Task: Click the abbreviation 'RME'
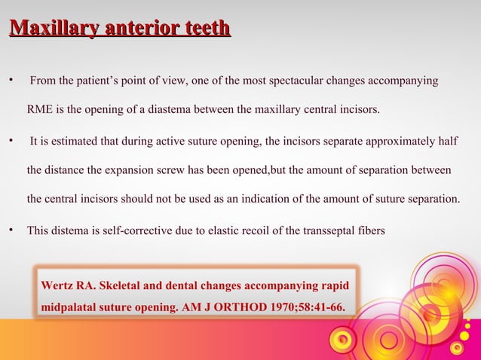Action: (41, 111)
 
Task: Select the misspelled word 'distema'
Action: (72, 230)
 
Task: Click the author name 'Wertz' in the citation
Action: (57, 285)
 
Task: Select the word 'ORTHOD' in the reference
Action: (232, 308)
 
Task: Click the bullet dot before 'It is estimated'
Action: (11, 141)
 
